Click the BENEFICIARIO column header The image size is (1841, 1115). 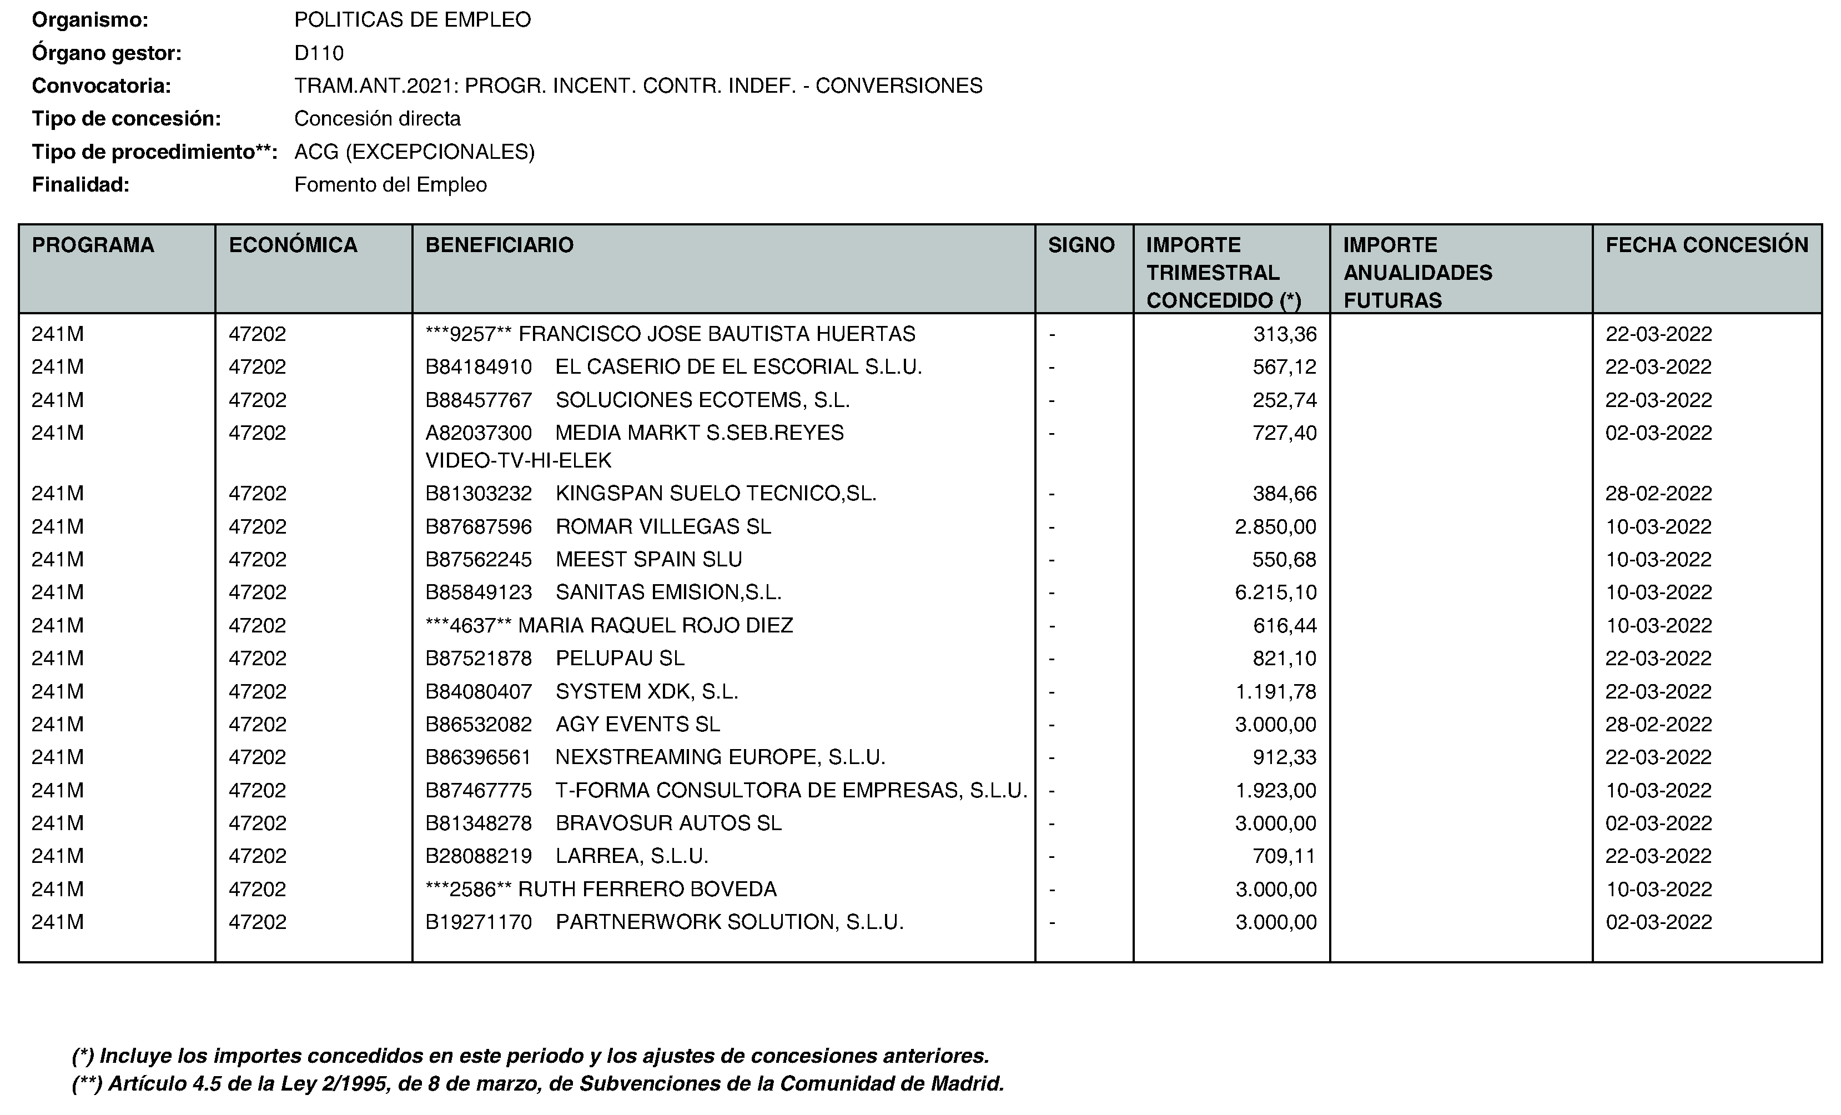pyautogui.click(x=499, y=245)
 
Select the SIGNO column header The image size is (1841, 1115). pyautogui.click(x=1080, y=245)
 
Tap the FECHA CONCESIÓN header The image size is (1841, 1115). pyautogui.click(x=1707, y=245)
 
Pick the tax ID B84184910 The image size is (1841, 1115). pyautogui.click(x=478, y=367)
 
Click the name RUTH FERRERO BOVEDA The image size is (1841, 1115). pyautogui.click(x=647, y=890)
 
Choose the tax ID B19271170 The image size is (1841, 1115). pyautogui.click(x=478, y=922)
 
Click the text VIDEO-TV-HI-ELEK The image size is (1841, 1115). pyautogui.click(x=519, y=461)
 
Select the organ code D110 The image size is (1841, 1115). pyautogui.click(x=319, y=53)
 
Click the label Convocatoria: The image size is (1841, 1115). pyautogui.click(x=102, y=86)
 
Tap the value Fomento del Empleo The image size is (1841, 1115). pyautogui.click(x=390, y=184)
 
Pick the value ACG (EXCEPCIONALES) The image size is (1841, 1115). pyautogui.click(x=414, y=152)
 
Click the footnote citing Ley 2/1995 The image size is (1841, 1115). pyautogui.click(x=538, y=1083)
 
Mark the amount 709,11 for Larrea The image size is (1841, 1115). pyautogui.click(x=1284, y=856)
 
